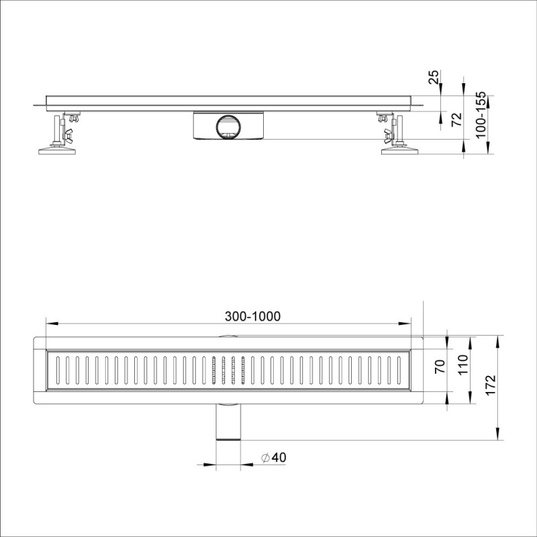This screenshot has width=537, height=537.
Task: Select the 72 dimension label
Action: [x=457, y=119]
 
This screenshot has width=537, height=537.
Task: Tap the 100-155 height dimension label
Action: [x=480, y=115]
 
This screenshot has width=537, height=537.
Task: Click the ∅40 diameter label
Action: [x=274, y=457]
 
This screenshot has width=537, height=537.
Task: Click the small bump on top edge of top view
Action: [x=228, y=336]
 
